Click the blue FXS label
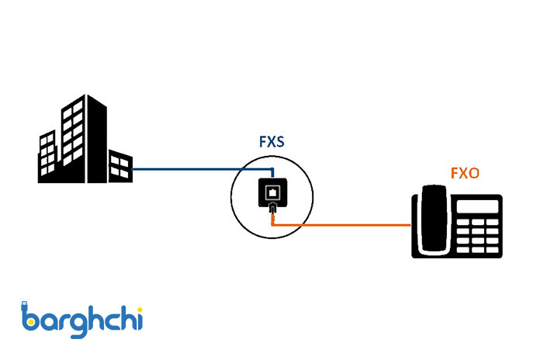(271, 143)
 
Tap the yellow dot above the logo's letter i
(137, 308)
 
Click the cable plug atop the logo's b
(25, 303)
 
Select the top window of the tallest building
(74, 114)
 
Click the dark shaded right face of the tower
(97, 144)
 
